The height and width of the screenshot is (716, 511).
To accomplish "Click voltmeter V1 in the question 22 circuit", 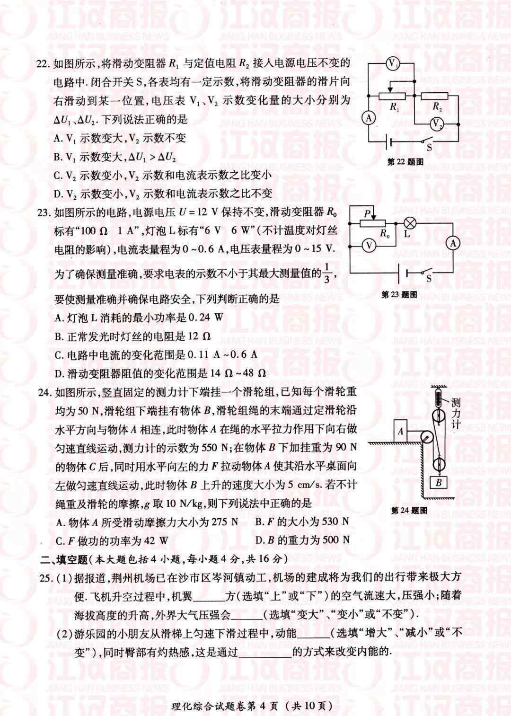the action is pyautogui.click(x=392, y=64).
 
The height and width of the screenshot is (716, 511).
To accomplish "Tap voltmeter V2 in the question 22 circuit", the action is pyautogui.click(x=436, y=124).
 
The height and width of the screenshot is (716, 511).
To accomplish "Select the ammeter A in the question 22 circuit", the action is pyautogui.click(x=369, y=118).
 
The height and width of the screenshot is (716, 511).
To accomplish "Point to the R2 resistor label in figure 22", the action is pyautogui.click(x=437, y=107).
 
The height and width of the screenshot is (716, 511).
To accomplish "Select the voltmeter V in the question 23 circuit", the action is pyautogui.click(x=369, y=246).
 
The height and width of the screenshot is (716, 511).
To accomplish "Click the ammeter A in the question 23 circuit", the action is pyautogui.click(x=453, y=244).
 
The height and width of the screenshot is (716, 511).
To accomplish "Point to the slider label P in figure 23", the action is pyautogui.click(x=368, y=213).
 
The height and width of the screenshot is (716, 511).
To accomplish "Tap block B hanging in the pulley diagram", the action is pyautogui.click(x=439, y=482).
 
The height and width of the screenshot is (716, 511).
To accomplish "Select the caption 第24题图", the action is pyautogui.click(x=409, y=510).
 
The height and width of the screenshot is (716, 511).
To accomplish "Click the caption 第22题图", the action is pyautogui.click(x=405, y=161).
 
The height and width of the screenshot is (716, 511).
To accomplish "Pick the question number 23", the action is pyautogui.click(x=44, y=212).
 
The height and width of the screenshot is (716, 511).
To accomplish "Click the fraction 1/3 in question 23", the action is pyautogui.click(x=326, y=274).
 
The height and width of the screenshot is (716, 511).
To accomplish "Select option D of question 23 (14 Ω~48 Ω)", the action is pyautogui.click(x=160, y=373).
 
